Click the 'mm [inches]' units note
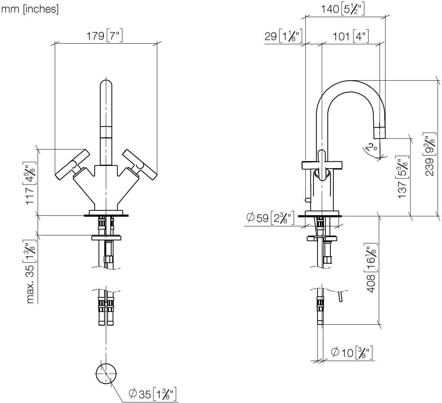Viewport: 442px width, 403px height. [x=30, y=9]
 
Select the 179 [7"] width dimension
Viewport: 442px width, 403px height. [x=104, y=36]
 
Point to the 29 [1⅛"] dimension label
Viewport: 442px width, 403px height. [x=283, y=36]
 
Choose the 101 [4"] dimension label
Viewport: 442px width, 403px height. [x=351, y=36]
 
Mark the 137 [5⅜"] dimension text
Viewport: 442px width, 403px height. [x=403, y=177]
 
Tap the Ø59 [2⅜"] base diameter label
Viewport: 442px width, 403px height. [x=270, y=218]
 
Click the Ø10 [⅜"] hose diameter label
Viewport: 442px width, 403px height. [x=352, y=352]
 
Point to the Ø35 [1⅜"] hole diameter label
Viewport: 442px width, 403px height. [x=152, y=394]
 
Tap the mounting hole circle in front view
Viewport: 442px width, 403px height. [x=106, y=374]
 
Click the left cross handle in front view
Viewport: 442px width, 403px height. [x=72, y=164]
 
